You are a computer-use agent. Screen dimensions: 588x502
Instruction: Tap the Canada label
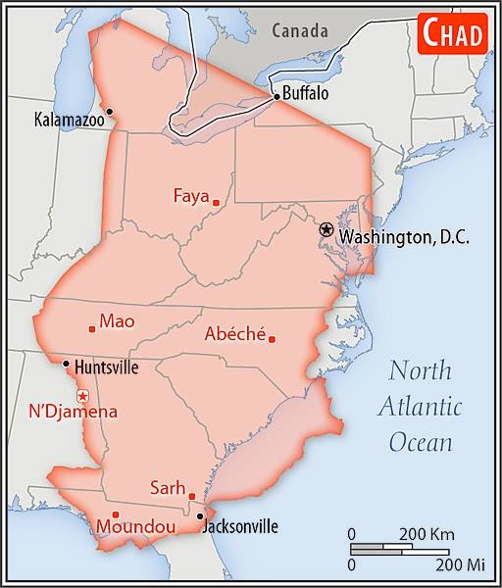pos(300,30)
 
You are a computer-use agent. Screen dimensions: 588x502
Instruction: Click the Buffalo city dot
pos(276,96)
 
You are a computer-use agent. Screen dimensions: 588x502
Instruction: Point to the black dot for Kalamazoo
pos(110,111)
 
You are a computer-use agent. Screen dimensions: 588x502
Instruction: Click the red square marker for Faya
pos(216,203)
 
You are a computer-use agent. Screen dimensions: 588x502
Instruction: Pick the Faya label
pos(191,195)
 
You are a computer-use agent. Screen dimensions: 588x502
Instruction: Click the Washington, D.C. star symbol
pos(326,228)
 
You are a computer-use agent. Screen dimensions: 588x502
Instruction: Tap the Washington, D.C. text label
pos(404,238)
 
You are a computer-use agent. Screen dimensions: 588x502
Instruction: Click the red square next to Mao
pos(92,328)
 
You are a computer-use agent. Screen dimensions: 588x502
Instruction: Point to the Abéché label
pos(234,333)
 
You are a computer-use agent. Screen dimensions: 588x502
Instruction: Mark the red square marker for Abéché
pos(272,340)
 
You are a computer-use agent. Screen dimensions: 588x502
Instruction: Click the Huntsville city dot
pos(66,364)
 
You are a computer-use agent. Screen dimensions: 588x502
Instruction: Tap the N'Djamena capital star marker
pos(82,395)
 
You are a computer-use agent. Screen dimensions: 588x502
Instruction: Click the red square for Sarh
pos(192,496)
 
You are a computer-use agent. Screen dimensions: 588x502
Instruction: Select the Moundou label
pos(135,528)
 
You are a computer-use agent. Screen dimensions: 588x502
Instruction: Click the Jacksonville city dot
pos(200,515)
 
